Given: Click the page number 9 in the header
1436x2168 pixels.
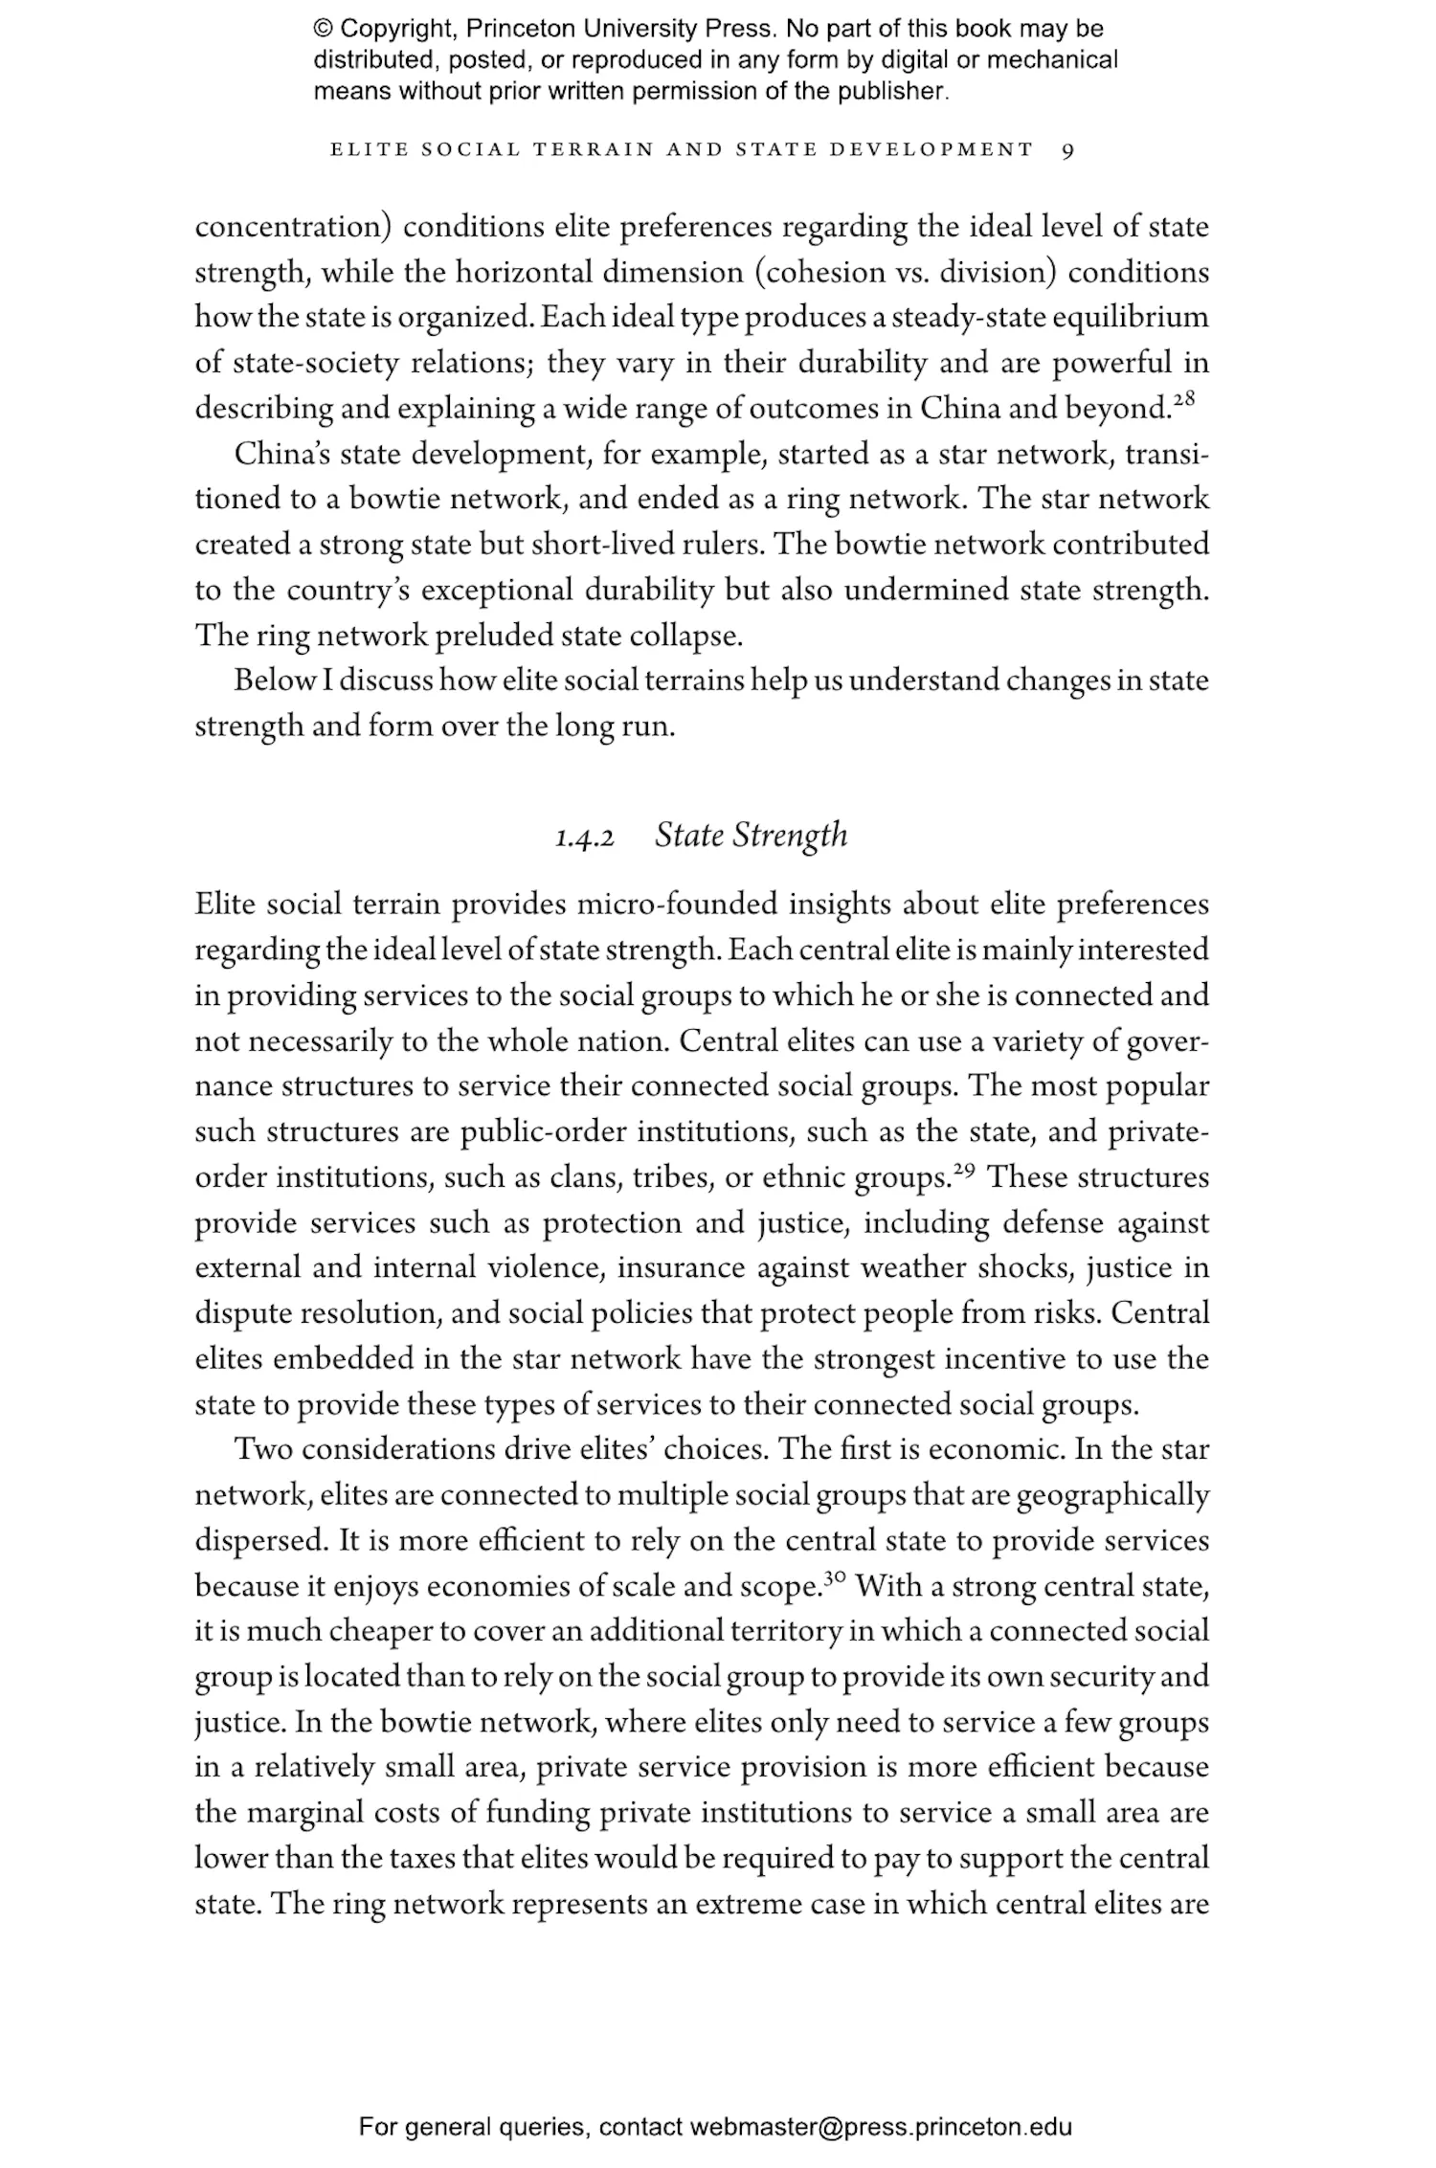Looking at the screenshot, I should [1068, 150].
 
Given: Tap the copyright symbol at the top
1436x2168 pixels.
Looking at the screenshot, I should [324, 29].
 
